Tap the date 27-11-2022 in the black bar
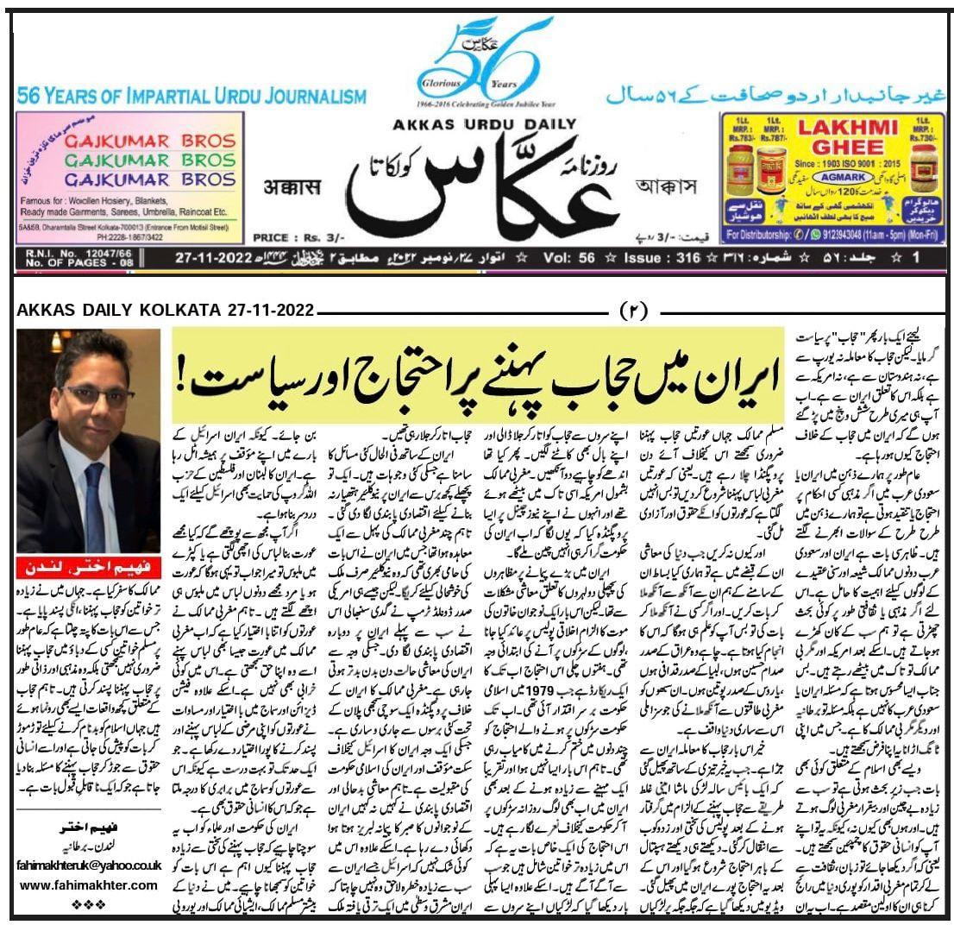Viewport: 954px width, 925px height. click(x=212, y=257)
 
